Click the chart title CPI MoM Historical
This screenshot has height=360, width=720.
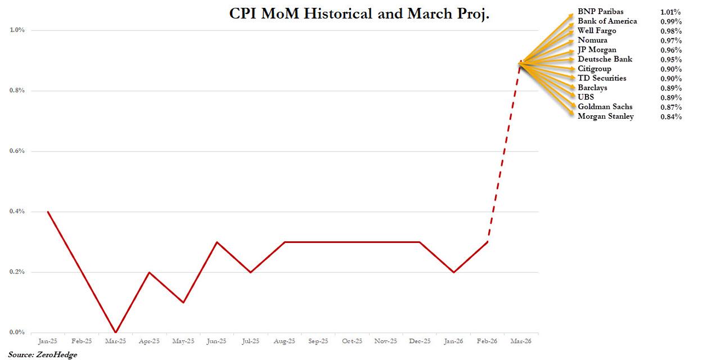[359, 14]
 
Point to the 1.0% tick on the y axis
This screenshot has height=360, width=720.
[17, 30]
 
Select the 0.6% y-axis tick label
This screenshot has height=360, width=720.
[17, 151]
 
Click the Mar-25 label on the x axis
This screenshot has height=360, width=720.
[115, 341]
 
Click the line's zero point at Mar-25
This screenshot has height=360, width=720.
[115, 332]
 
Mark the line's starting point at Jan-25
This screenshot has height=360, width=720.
[48, 211]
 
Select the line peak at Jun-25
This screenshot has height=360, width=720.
[217, 242]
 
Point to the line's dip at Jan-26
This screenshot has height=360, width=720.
[453, 272]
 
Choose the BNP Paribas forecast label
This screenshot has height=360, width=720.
[600, 11]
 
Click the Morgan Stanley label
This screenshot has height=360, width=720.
[605, 116]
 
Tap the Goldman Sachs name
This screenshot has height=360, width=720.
[605, 107]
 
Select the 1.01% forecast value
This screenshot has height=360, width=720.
[671, 12]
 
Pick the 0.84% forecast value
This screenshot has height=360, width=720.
[671, 117]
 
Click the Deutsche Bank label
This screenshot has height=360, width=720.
[605, 59]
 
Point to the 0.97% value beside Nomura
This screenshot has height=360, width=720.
[671, 40]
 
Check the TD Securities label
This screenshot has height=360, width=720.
[602, 78]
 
